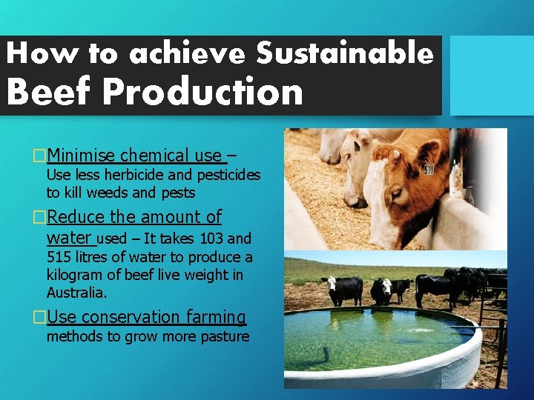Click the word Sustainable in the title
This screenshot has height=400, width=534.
pos(344,53)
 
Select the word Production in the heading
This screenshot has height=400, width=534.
pos(202,93)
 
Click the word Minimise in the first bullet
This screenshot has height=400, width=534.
pos(80,156)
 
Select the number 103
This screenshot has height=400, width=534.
pos(211,239)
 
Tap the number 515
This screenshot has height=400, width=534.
pos(59,257)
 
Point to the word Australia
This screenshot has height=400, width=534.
pos(76,293)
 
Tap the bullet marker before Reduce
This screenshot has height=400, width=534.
pos(39,217)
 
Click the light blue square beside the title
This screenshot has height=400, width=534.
pos(492,76)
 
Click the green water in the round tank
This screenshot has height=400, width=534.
pos(371,336)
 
